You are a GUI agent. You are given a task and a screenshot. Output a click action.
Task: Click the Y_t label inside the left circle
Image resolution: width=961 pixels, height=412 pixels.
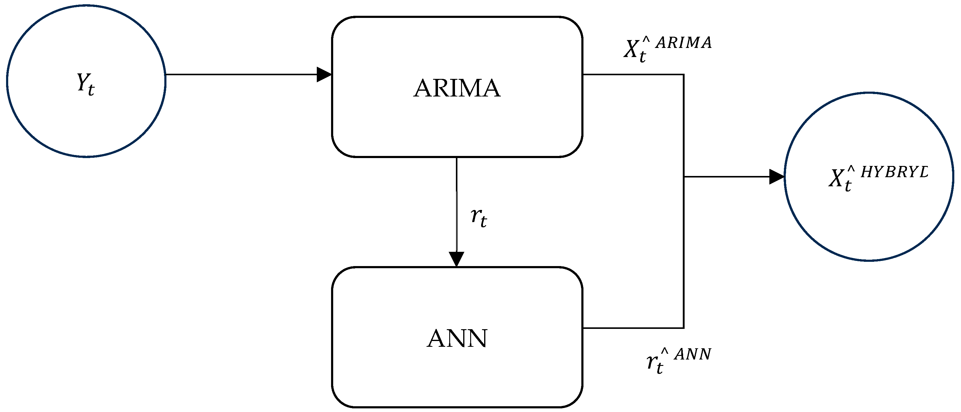click(x=86, y=84)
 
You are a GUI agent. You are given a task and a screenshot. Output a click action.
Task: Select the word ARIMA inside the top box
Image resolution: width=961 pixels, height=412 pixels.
click(x=457, y=89)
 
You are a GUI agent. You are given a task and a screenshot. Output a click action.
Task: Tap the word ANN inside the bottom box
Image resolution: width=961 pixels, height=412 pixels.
click(x=457, y=339)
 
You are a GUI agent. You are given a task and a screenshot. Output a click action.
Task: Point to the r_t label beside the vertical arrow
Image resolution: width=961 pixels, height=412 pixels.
click(x=479, y=218)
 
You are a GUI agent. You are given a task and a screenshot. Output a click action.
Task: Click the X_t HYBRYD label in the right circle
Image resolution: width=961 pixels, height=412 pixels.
click(x=877, y=178)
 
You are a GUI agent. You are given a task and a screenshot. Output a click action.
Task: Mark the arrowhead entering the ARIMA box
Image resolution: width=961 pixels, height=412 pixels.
click(x=324, y=75)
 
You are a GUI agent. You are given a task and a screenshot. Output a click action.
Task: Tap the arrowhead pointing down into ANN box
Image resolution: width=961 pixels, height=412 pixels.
click(x=456, y=259)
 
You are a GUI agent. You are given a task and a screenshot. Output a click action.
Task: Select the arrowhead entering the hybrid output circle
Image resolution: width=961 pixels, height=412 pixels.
click(x=777, y=177)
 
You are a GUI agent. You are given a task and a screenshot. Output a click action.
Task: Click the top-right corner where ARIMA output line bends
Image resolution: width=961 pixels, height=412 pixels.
click(x=683, y=75)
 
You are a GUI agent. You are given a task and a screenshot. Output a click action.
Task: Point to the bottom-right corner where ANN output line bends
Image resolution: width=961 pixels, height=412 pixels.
click(x=683, y=328)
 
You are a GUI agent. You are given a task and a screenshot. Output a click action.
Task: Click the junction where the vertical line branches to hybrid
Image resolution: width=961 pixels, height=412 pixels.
click(x=684, y=177)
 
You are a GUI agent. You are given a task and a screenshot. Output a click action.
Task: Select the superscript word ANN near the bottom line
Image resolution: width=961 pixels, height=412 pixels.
click(x=693, y=354)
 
